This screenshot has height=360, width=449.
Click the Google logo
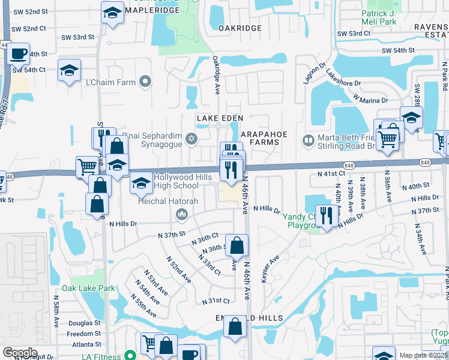click(20, 352)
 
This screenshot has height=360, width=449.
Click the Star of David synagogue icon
click(192, 139)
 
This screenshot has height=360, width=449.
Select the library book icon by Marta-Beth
click(309, 140)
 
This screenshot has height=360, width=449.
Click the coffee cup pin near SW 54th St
click(19, 53)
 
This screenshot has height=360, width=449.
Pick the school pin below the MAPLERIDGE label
click(112, 13)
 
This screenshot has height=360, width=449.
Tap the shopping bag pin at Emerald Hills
click(235, 327)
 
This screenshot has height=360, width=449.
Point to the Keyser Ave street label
click(270, 269)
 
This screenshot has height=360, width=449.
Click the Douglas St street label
click(88, 323)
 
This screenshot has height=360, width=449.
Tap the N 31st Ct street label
click(216, 301)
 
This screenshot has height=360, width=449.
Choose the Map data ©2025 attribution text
click(423, 355)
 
